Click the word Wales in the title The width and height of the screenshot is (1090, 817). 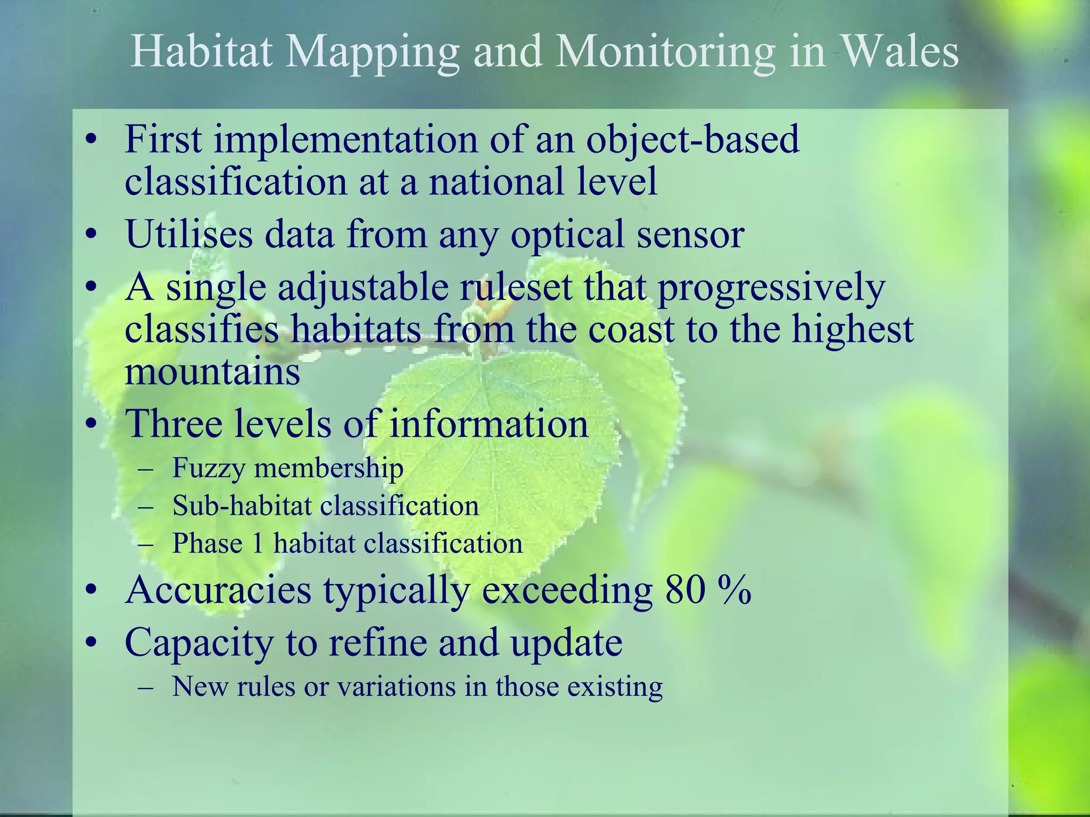(899, 52)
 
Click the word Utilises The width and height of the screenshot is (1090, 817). (189, 234)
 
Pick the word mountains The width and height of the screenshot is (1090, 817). (212, 371)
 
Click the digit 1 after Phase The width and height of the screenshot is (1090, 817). (258, 544)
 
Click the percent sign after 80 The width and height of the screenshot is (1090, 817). (734, 590)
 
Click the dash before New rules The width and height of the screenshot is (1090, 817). (145, 687)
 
